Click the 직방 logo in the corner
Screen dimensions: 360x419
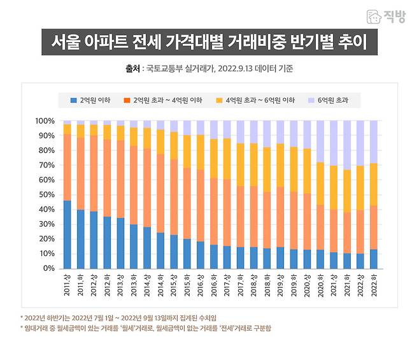[x=387, y=17]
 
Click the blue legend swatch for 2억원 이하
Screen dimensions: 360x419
[x=73, y=101]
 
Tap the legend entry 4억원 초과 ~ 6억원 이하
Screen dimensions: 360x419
[x=258, y=101]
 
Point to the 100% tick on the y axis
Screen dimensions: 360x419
[x=45, y=121]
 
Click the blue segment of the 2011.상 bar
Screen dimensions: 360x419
[x=67, y=234]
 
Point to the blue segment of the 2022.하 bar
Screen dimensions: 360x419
[x=374, y=259]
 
